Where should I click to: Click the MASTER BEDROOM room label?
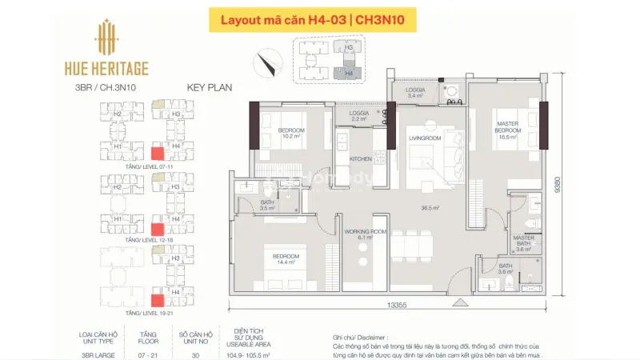(x=508, y=130)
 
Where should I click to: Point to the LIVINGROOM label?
(x=426, y=138)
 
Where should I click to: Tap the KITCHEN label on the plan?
(x=362, y=158)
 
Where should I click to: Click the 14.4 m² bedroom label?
(x=286, y=259)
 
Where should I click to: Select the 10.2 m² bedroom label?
(x=292, y=133)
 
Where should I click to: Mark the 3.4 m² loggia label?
(x=415, y=93)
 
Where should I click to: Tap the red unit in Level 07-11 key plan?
(x=158, y=154)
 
